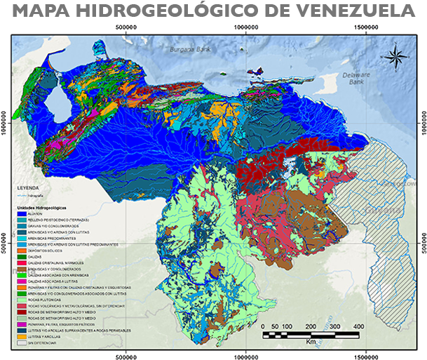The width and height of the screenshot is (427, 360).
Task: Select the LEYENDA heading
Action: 29,189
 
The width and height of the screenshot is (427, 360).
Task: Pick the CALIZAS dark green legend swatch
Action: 20,256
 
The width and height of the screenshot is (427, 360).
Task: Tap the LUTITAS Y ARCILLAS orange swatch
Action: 20,336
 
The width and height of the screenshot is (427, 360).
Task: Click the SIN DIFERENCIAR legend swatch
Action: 20,342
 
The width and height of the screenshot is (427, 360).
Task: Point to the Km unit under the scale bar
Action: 310,342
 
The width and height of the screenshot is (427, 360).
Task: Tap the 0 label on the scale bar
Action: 262,326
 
